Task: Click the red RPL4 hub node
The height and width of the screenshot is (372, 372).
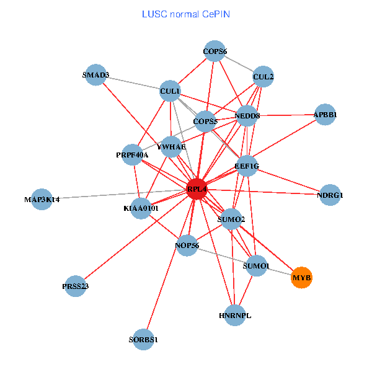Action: pos(197,189)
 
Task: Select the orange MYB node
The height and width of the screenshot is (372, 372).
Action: pos(301,277)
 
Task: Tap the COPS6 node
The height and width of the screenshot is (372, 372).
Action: pos(215,51)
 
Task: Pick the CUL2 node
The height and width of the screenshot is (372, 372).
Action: pos(263,77)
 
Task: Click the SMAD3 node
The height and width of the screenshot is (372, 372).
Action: pos(95,75)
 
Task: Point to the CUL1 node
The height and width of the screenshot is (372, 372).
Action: pos(170,92)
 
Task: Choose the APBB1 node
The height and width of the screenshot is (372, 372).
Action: pos(325,115)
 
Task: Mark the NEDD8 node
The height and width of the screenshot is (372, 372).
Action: pos(247,115)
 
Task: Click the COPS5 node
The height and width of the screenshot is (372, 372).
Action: pos(205,121)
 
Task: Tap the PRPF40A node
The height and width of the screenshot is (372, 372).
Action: pos(132,154)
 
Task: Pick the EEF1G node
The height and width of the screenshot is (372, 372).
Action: pos(247,166)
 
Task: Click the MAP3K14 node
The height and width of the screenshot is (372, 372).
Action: pos(42,199)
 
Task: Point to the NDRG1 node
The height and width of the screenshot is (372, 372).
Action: pos(330,195)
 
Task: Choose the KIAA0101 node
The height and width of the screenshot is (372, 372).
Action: pos(141,208)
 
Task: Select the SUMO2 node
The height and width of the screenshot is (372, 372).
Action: pos(231,219)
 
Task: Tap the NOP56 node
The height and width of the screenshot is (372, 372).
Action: pos(187,246)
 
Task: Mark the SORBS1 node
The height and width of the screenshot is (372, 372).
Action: pos(144,340)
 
